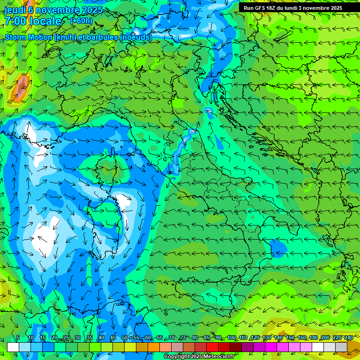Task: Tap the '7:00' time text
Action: pos(15,21)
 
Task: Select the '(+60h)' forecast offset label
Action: pos(81,21)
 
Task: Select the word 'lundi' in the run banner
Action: pos(296,8)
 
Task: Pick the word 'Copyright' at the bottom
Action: pos(176,357)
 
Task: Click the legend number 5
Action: pos(18,337)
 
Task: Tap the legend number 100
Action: pos(232,337)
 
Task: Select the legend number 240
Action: pos(349,337)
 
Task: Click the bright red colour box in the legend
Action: pos(212,347)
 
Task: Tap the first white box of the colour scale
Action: pos(13,347)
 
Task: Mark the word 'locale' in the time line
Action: pos(45,21)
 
